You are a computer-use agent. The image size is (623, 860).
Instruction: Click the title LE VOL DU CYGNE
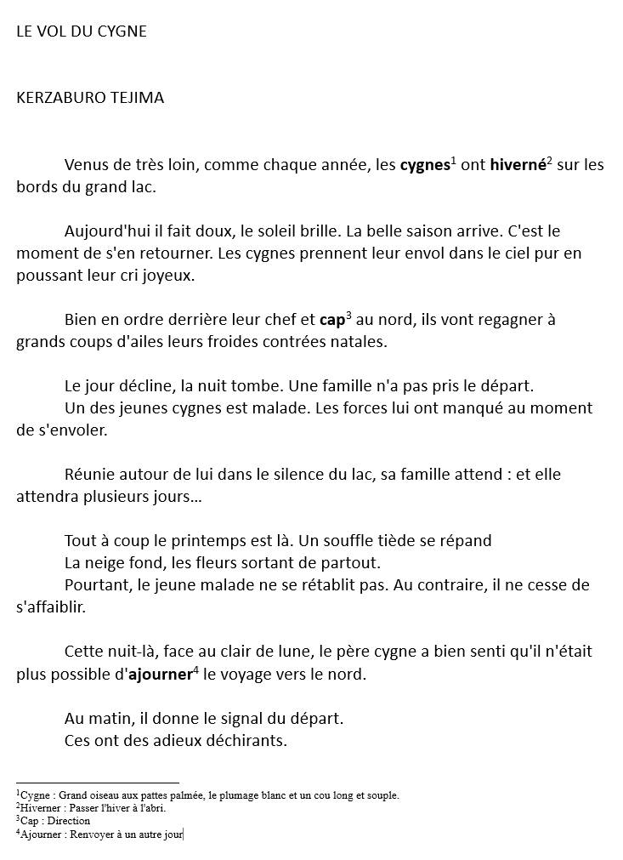[82, 31]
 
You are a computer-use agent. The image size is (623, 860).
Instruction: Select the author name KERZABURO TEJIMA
[90, 98]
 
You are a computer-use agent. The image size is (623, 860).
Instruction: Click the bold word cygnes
[424, 165]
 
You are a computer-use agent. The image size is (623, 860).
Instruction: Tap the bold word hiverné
[517, 165]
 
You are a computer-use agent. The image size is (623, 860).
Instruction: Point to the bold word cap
[331, 321]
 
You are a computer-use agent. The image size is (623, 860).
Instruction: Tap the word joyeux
[168, 276]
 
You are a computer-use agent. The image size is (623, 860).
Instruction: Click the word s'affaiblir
[51, 607]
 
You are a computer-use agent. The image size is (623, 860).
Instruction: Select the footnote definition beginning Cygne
[208, 795]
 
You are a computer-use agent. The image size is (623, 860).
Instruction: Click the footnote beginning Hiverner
[92, 808]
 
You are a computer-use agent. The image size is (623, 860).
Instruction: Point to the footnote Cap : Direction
[54, 821]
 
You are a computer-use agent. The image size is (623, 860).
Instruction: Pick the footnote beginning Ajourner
[100, 834]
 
